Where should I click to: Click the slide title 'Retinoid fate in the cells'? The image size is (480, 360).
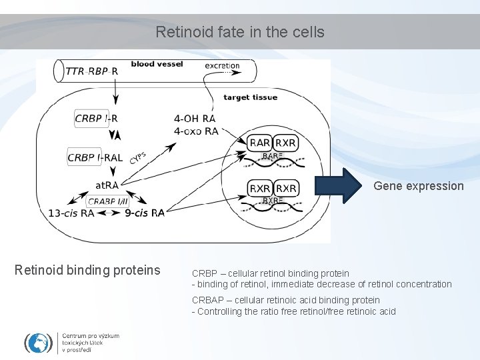pos(240,31)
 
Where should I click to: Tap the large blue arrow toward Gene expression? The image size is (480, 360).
pos(337,186)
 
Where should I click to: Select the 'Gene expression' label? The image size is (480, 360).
pos(418,186)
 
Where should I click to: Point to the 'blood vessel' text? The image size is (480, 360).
pos(157,64)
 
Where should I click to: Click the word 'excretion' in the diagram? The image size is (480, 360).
pos(222,65)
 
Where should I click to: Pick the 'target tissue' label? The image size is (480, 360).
pos(250,97)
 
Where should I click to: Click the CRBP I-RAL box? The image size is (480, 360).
pos(95,158)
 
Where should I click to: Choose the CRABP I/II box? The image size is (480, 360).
pos(108,201)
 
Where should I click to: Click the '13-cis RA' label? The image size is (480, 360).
pos(71,213)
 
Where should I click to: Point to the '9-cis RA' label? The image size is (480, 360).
pos(144,213)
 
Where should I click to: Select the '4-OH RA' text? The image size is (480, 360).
pos(195,119)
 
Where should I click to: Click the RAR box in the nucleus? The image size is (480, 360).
pos(259,143)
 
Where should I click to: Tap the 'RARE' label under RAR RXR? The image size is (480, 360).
pos(273,156)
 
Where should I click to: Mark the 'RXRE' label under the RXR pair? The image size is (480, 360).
pos(273,201)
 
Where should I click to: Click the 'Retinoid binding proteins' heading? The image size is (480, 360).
pos(87,270)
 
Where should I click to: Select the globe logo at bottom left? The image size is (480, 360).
pos(39,342)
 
